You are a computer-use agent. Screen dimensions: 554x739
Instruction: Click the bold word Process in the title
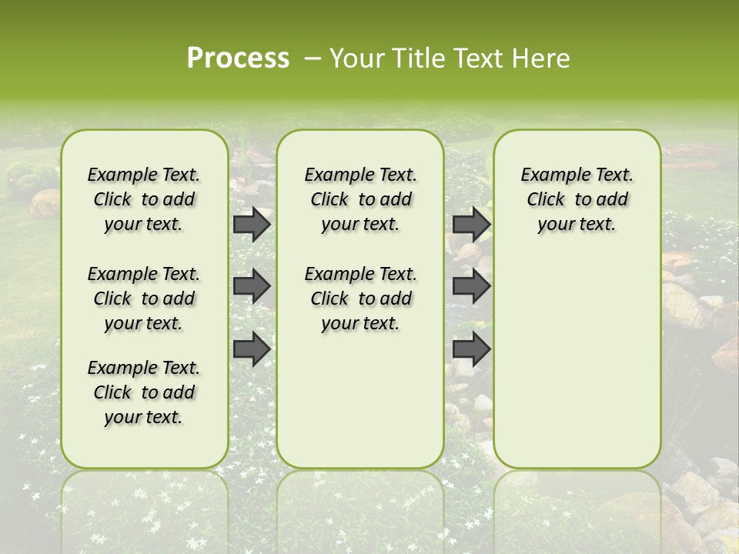pos(238,58)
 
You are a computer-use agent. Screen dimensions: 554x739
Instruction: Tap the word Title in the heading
pos(419,58)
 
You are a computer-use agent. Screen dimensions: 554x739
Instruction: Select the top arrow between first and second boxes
pos(251,224)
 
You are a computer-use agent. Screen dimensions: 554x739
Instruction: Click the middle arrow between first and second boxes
pos(251,286)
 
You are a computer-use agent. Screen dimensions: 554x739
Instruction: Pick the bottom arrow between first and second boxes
pos(251,349)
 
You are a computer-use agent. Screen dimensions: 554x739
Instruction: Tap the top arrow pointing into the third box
pos(471,224)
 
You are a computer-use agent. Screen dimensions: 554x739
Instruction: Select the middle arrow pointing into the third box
pos(471,286)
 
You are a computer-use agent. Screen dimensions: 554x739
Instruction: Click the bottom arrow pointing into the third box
pos(471,349)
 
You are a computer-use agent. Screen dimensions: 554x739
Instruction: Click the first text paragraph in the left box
pos(144,199)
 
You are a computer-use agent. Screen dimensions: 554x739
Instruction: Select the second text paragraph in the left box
pos(144,299)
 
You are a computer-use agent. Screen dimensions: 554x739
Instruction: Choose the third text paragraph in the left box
pos(144,392)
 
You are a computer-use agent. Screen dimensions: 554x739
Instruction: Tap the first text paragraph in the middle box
pos(360,199)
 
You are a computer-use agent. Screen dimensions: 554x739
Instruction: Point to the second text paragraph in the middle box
pos(360,299)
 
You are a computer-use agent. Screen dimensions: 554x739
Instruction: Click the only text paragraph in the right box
pos(577,199)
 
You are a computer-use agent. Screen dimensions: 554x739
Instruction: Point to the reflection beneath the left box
pos(144,508)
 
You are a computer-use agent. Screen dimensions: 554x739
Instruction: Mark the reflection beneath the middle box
pos(360,508)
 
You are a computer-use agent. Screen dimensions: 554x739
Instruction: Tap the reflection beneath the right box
pos(577,508)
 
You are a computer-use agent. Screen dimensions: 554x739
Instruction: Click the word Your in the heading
pos(357,58)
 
